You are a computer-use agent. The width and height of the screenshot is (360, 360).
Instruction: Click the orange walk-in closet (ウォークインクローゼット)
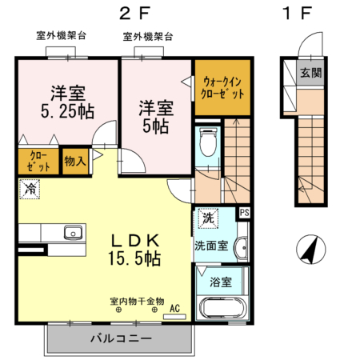point(222,86)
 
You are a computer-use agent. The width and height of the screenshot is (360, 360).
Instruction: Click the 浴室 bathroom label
point(221,281)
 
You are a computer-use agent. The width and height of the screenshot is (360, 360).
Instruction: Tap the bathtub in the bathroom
point(222,307)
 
